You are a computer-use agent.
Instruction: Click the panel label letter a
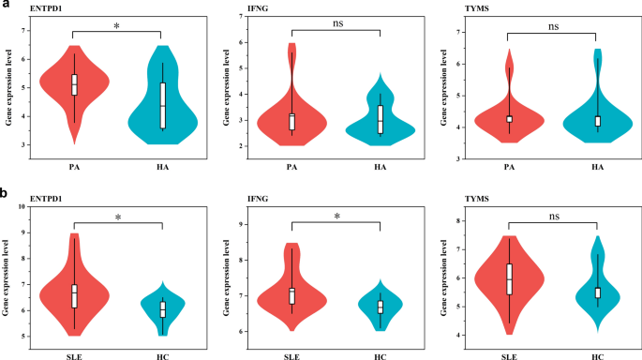click(x=5, y=6)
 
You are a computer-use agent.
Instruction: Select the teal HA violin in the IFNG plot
click(x=380, y=127)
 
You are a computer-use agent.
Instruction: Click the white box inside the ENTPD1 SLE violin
click(x=74, y=295)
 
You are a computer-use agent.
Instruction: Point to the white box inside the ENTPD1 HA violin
click(x=162, y=105)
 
